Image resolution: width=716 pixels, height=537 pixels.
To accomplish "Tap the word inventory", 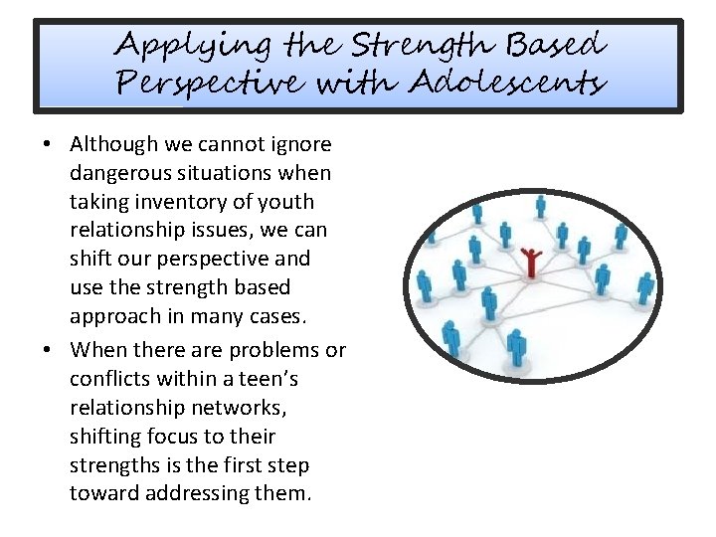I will point(173,202).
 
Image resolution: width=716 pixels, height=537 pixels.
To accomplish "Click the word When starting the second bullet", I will point(97,350).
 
